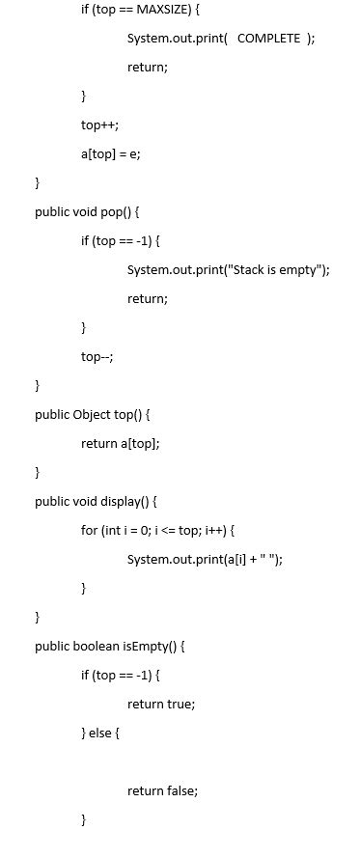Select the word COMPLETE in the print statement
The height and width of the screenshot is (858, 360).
tap(268, 38)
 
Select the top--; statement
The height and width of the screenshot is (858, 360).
tap(97, 356)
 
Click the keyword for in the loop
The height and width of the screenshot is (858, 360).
tap(89, 531)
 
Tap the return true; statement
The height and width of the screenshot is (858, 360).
tap(161, 704)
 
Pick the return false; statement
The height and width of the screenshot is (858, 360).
tap(162, 790)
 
